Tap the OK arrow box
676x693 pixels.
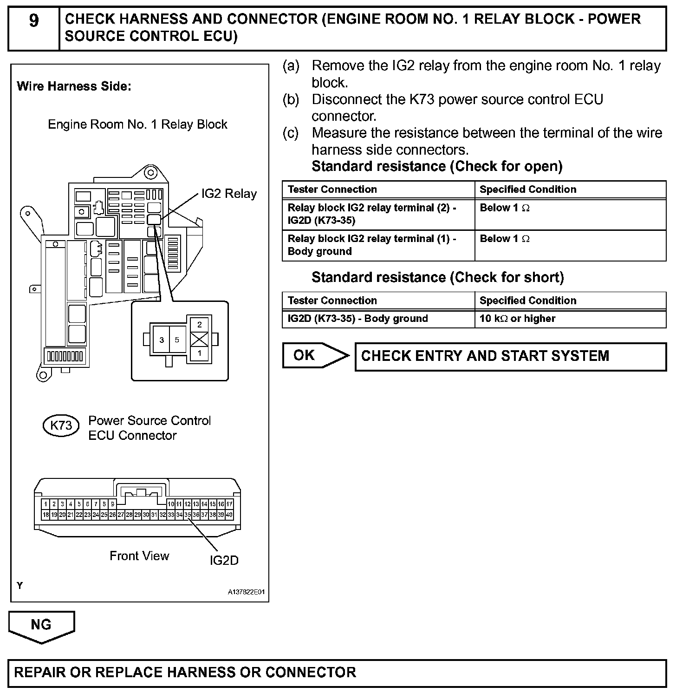[x=314, y=356]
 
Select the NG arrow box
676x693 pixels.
[x=41, y=625]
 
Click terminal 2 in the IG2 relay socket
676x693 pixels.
[x=199, y=324]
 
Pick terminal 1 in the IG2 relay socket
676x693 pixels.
[x=199, y=353]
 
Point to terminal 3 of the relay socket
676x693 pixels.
[x=162, y=340]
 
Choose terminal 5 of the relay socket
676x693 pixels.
[x=177, y=340]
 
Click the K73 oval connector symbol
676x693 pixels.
[x=61, y=425]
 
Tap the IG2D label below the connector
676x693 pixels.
[x=224, y=561]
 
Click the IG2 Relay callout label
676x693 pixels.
[x=228, y=194]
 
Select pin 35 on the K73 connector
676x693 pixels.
[x=188, y=515]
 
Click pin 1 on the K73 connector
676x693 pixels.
[x=46, y=504]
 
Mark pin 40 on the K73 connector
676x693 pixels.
[x=229, y=515]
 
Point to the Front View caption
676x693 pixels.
[x=139, y=556]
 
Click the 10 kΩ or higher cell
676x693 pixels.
[x=517, y=319]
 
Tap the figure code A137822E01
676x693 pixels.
[x=246, y=592]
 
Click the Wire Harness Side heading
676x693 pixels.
[x=74, y=86]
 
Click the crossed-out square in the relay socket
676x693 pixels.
[x=199, y=339]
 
